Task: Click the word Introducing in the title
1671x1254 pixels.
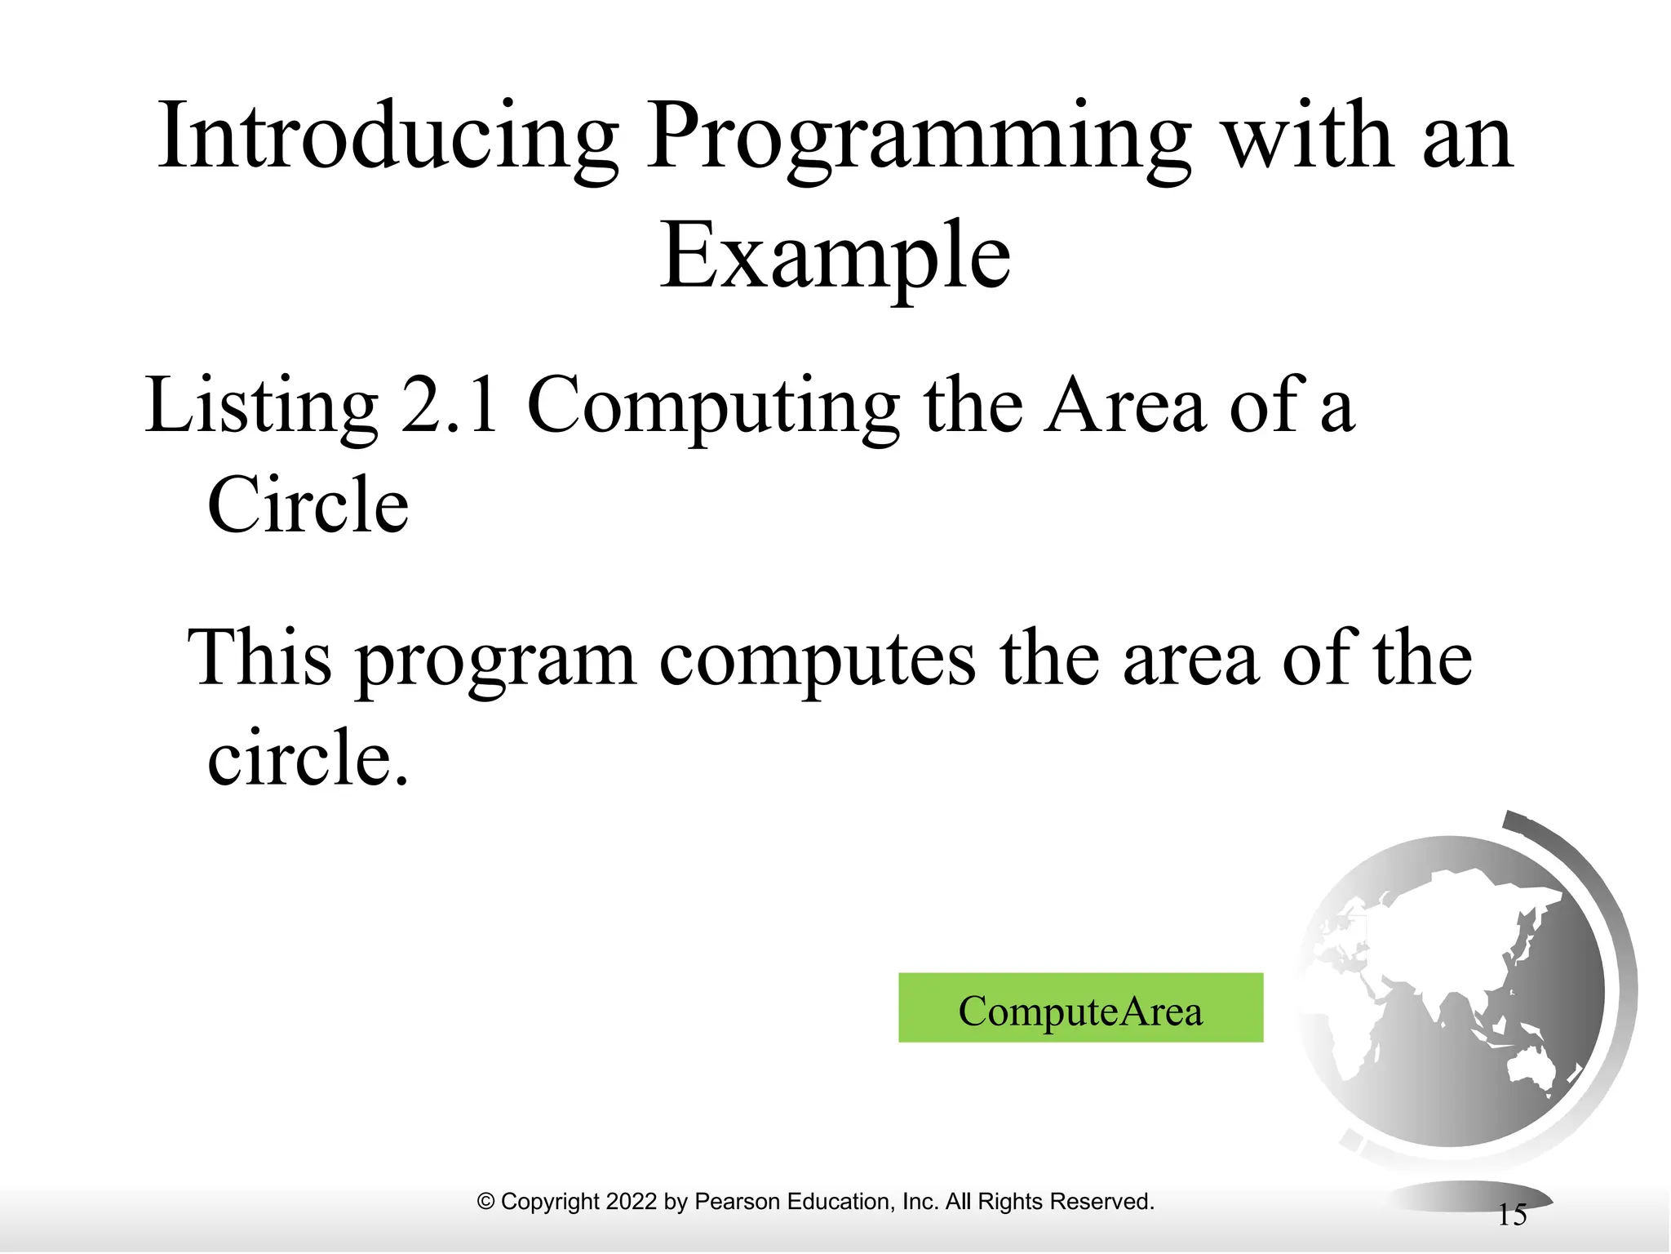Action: pyautogui.click(x=388, y=137)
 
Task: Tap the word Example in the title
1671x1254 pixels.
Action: pyautogui.click(x=835, y=257)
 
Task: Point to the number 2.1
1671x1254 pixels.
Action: pyautogui.click(x=451, y=406)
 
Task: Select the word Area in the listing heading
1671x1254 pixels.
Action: pyautogui.click(x=1125, y=406)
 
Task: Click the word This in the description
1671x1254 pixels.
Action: pyautogui.click(x=260, y=659)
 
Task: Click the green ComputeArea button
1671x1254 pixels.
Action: pyautogui.click(x=1080, y=1007)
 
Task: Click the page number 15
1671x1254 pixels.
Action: pyautogui.click(x=1512, y=1215)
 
